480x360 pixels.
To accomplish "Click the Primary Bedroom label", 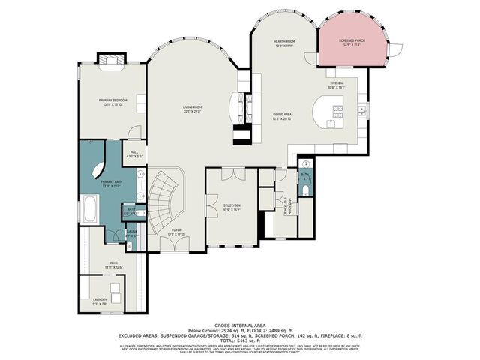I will pyautogui.click(x=113, y=100).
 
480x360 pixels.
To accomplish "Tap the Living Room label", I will pyautogui.click(x=193, y=109).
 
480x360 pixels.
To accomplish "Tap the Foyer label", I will pyautogui.click(x=175, y=232).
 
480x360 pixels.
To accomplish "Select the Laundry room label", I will pyautogui.click(x=100, y=301).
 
